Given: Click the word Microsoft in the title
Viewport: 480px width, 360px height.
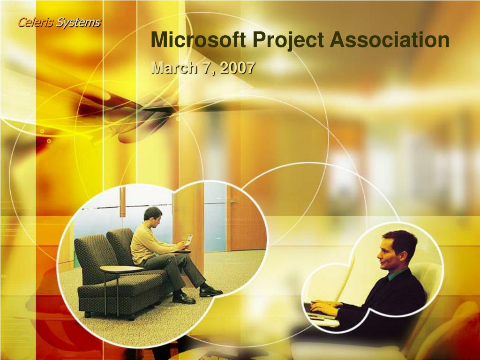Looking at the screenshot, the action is click(x=198, y=39).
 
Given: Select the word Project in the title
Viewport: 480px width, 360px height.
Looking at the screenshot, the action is click(x=288, y=40).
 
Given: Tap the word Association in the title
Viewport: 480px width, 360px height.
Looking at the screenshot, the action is click(x=390, y=39).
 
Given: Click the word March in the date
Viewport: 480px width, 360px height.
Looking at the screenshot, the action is click(x=174, y=67).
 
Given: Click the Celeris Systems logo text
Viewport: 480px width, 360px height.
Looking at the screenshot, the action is click(x=59, y=22).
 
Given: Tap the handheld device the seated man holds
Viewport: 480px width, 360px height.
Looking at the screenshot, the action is click(x=189, y=239).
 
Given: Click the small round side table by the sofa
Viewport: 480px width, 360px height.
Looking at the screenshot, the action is click(x=121, y=269).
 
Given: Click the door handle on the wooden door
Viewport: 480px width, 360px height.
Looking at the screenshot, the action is click(x=234, y=202).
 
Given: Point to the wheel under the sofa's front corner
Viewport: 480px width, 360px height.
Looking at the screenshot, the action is click(x=87, y=314).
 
